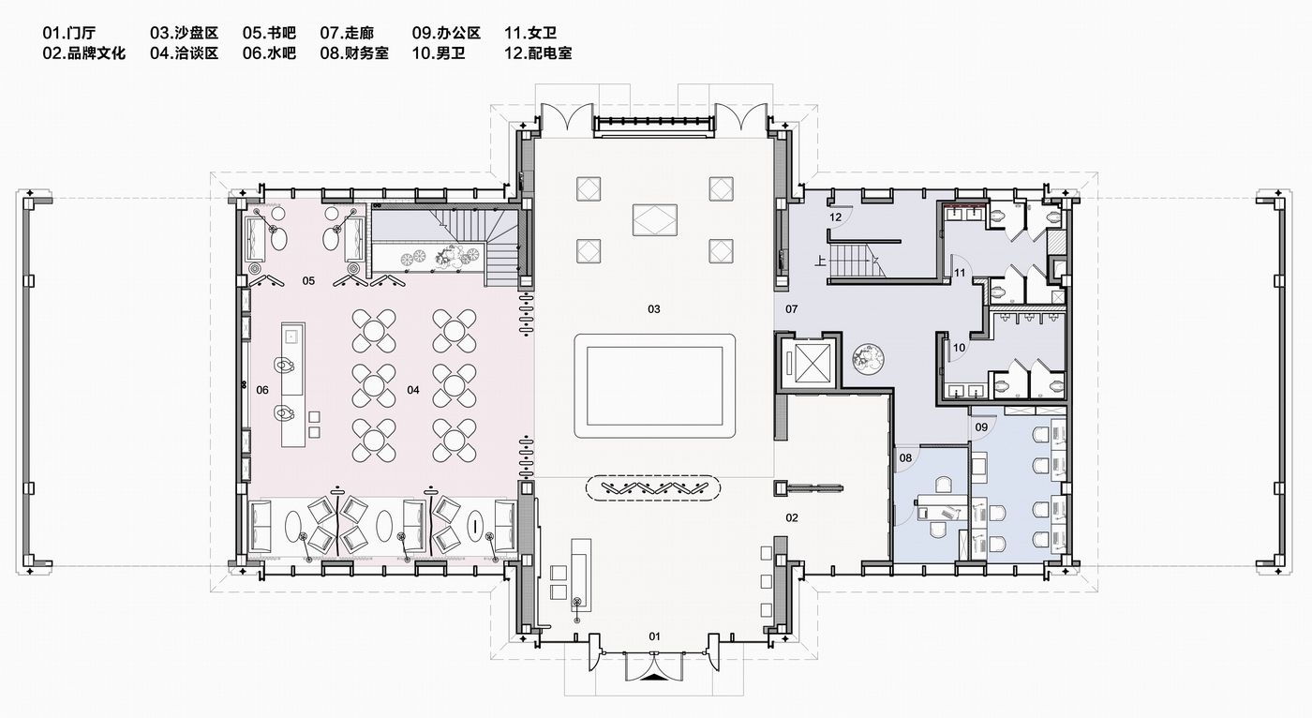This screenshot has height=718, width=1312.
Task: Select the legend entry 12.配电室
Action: tap(538, 53)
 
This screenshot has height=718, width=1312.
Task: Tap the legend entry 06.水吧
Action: tap(269, 53)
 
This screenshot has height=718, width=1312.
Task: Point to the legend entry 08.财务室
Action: tap(353, 53)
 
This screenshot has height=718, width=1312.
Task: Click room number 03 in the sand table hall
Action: tap(654, 308)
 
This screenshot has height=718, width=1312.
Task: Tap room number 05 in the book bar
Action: tap(308, 280)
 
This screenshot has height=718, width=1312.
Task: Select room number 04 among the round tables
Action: tap(412, 389)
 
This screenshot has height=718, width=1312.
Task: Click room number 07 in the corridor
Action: tap(791, 308)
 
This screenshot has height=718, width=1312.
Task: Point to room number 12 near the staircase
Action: tap(836, 217)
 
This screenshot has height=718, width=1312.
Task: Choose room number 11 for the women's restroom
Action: tap(960, 273)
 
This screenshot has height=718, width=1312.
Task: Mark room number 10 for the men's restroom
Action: tap(959, 348)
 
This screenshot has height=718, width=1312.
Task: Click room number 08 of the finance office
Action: tap(905, 458)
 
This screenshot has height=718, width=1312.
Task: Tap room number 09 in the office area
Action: tap(981, 426)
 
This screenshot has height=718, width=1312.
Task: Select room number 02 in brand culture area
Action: tap(791, 517)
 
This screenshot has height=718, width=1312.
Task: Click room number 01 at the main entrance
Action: tap(654, 636)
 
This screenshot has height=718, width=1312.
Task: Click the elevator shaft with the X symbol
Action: tap(806, 361)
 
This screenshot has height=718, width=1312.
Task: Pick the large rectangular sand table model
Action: tap(654, 385)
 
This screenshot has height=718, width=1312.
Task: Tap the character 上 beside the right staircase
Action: tap(821, 263)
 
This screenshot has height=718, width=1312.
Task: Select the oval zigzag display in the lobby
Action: tap(654, 488)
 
